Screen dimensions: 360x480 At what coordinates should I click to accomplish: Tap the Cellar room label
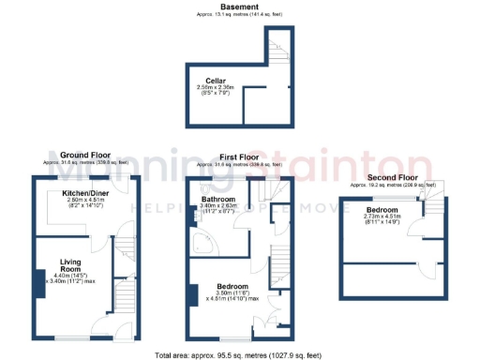[x=216, y=82]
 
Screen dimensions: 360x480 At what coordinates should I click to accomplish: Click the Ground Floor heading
[x=87, y=155]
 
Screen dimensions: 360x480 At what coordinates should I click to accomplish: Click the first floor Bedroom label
[x=232, y=285]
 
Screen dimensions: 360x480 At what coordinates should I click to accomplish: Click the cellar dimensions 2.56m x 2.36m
[x=216, y=88]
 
